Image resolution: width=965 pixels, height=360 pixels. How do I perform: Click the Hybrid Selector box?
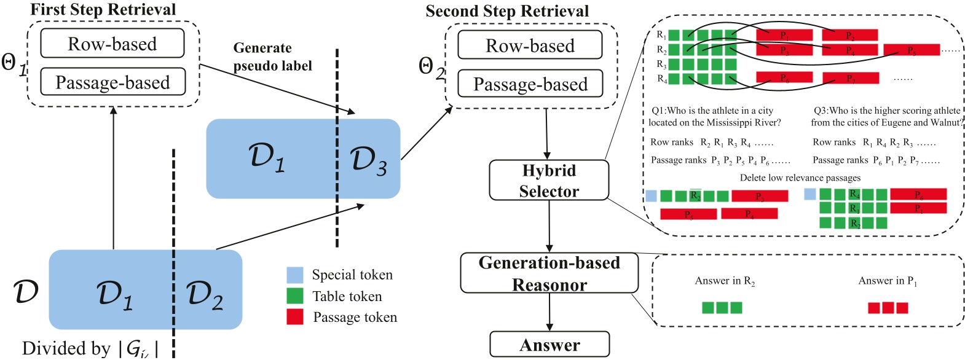click(549, 181)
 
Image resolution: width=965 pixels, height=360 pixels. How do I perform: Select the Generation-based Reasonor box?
click(549, 273)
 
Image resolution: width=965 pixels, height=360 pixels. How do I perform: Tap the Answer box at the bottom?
click(549, 345)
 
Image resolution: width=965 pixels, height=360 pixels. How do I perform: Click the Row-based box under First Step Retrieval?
click(112, 44)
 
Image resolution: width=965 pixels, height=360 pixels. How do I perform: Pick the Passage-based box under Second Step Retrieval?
click(530, 84)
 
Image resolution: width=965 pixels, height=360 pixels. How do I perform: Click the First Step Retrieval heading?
click(103, 9)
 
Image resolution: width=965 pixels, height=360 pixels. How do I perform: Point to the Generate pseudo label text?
click(272, 57)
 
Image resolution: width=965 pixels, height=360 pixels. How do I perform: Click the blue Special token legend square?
click(295, 275)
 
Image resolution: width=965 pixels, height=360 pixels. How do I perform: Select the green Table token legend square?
click(295, 296)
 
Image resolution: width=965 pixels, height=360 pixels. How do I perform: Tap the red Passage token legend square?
click(295, 317)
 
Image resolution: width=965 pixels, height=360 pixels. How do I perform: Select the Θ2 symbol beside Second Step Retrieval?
click(431, 67)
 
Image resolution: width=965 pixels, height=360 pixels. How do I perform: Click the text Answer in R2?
click(725, 281)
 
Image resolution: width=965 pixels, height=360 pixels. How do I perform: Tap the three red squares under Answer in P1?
click(888, 308)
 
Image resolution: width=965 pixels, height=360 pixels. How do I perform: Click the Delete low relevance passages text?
click(800, 178)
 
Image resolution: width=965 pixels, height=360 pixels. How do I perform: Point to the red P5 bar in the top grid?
click(911, 50)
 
